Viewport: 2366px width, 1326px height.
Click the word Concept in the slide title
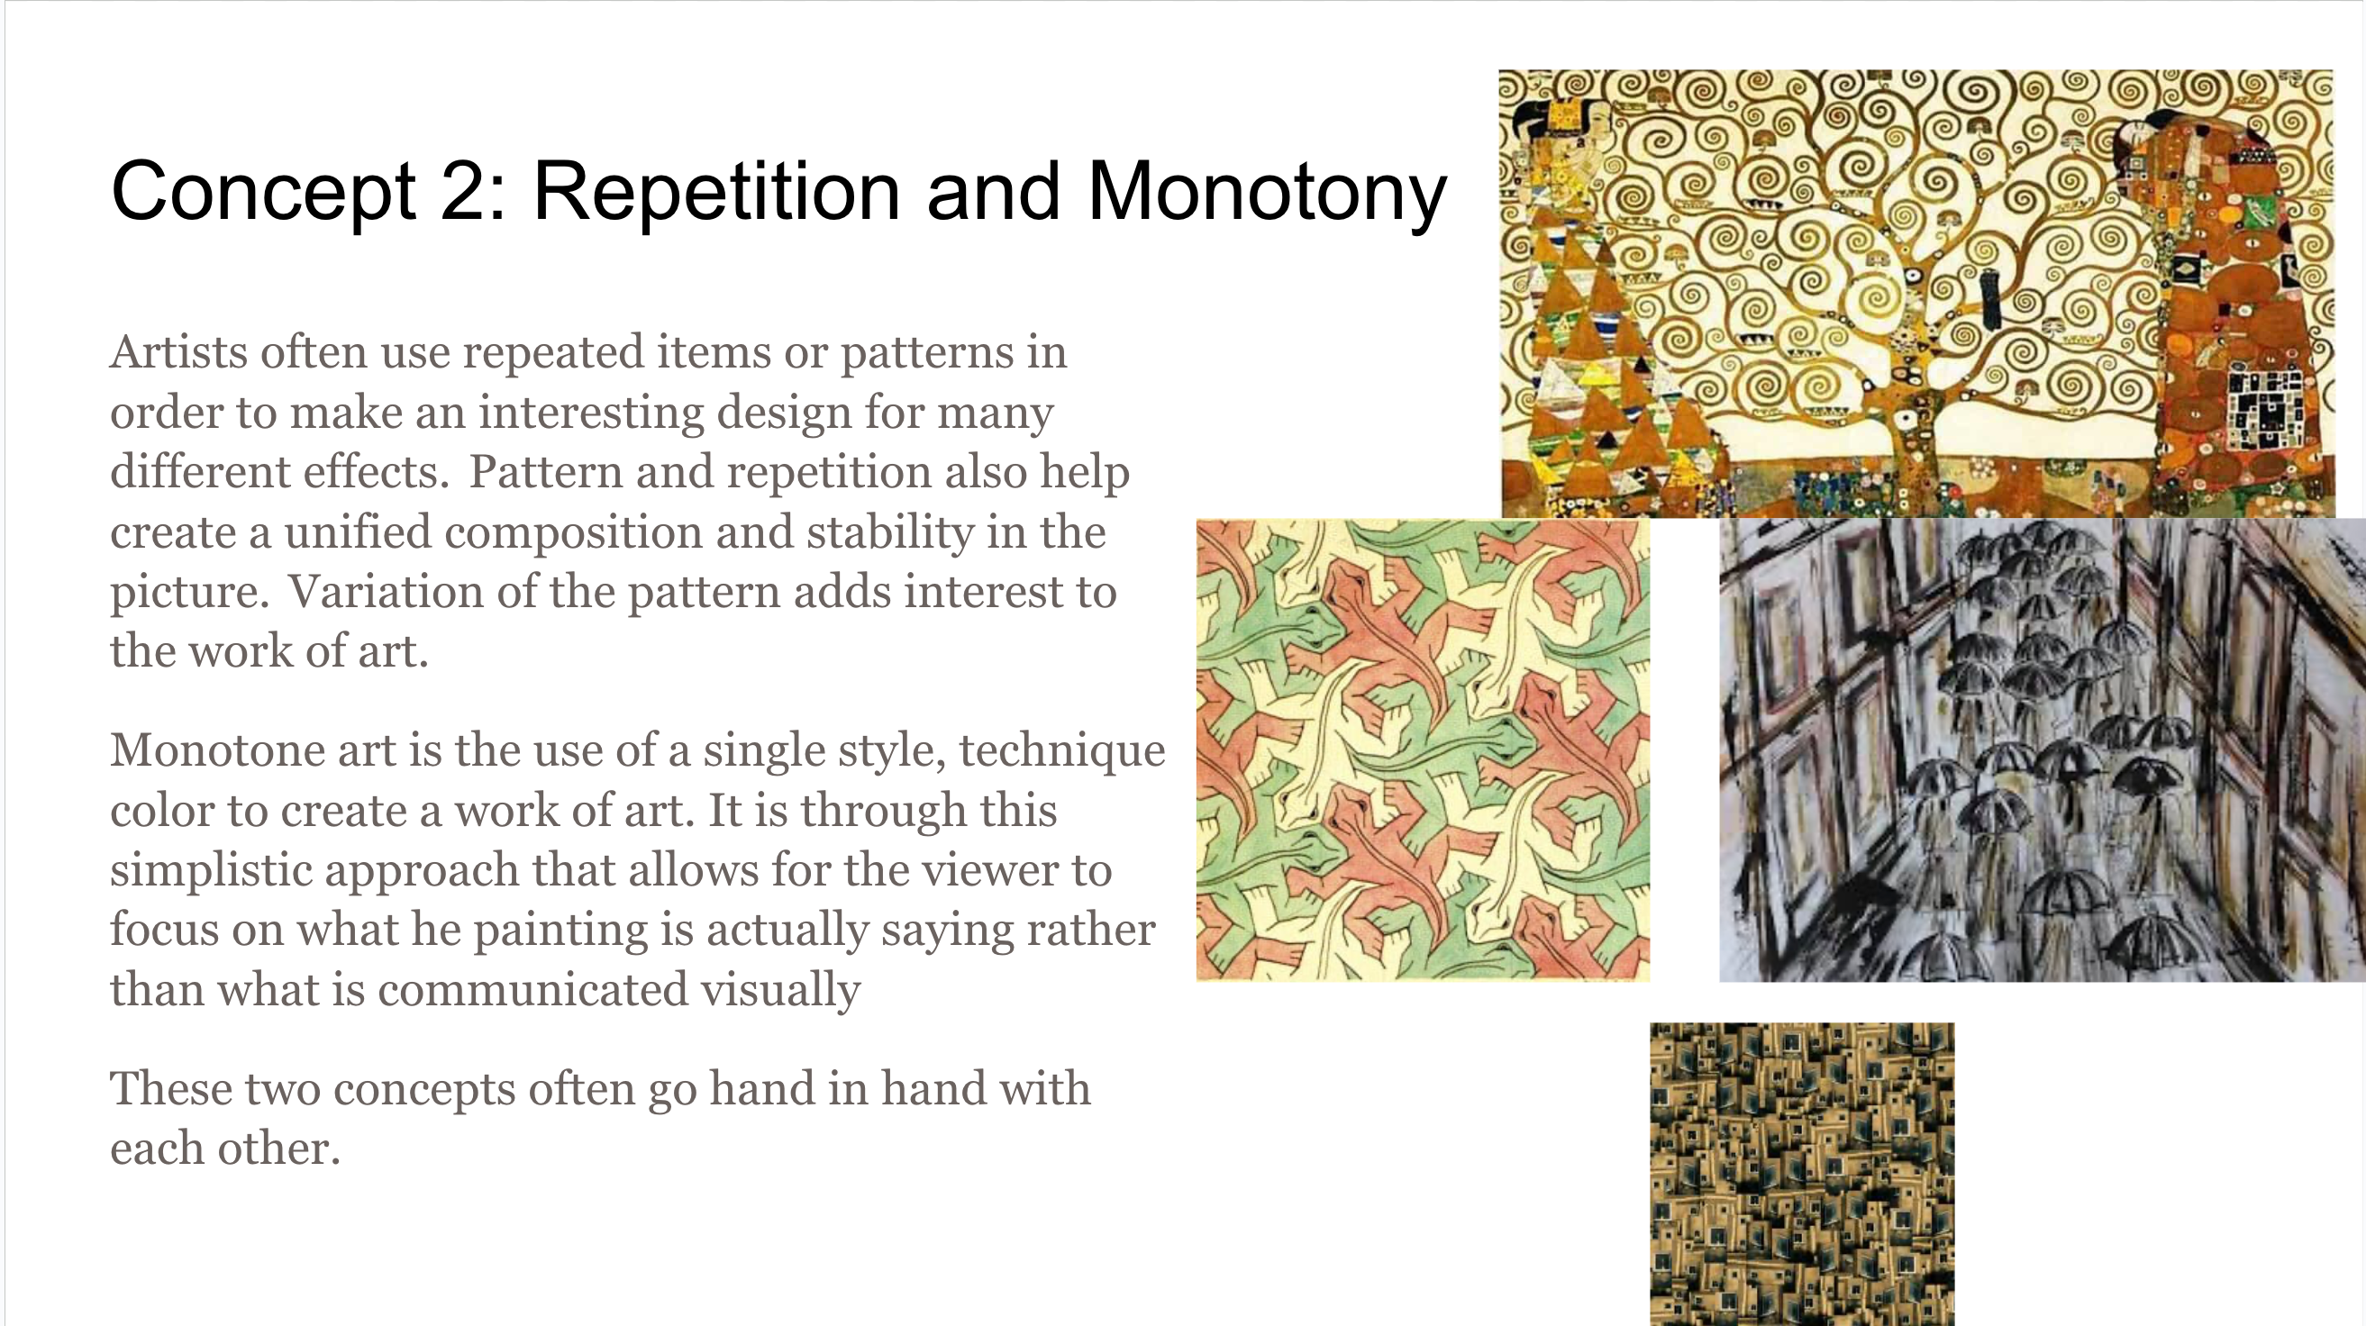click(x=264, y=193)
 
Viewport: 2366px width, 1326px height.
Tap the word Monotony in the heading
click(x=1268, y=193)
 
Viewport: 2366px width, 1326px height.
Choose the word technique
click(x=1061, y=751)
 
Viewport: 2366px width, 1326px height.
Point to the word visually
click(x=779, y=991)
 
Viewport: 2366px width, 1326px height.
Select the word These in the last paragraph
click(x=170, y=1089)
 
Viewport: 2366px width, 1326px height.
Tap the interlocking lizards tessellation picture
click(x=1423, y=750)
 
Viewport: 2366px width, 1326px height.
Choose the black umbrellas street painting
click(x=2042, y=750)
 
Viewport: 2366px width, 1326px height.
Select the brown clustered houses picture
click(x=1802, y=1174)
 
